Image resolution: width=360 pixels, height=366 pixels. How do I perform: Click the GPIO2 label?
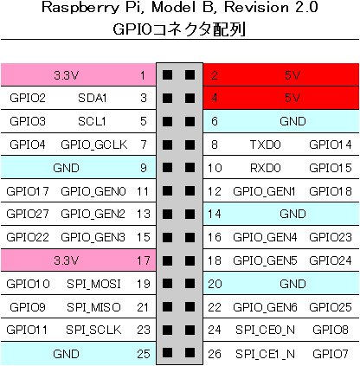tap(28, 98)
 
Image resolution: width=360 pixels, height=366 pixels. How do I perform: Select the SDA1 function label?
tap(93, 98)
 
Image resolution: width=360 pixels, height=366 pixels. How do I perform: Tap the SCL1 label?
tap(92, 121)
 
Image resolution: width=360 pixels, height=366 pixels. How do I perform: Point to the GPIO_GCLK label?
tap(94, 144)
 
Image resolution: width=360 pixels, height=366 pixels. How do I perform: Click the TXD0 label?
tap(265, 144)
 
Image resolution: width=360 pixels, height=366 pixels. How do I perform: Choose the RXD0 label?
tap(265, 168)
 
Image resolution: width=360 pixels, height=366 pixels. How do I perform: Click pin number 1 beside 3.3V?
tap(143, 75)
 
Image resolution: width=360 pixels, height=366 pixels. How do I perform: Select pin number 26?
tap(215, 354)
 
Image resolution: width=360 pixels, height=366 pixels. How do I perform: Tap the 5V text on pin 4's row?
tap(292, 98)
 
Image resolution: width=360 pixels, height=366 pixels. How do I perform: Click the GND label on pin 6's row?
tap(292, 121)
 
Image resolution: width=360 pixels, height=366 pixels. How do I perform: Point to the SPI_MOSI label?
tap(93, 284)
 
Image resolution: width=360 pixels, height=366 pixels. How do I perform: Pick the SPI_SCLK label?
tap(93, 330)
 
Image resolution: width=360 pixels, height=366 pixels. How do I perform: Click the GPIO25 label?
tap(331, 307)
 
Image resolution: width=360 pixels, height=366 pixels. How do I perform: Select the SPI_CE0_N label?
tap(265, 330)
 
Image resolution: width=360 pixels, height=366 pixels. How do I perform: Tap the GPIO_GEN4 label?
tap(265, 237)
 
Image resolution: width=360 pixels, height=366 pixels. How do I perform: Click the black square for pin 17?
tap(167, 260)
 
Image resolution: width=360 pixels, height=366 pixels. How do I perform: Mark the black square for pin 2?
tap(190, 75)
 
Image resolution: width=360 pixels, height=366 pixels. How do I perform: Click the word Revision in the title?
tap(257, 7)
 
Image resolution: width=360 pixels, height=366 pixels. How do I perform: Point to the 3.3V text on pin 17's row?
tap(66, 260)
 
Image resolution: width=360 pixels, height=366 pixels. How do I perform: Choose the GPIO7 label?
tap(331, 354)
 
